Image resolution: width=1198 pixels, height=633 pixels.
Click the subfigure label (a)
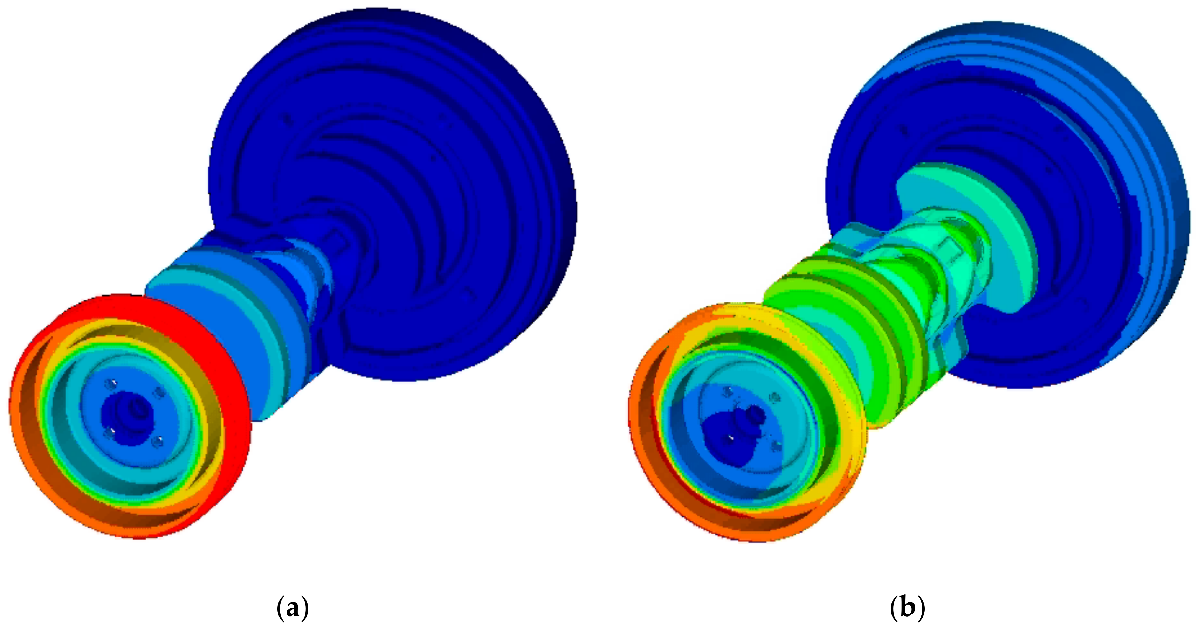pos(292,607)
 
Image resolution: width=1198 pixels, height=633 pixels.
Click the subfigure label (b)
pos(907,607)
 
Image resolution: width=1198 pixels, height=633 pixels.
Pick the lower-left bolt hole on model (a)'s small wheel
pos(109,433)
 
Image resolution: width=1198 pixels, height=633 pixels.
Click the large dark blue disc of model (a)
pos(442,163)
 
